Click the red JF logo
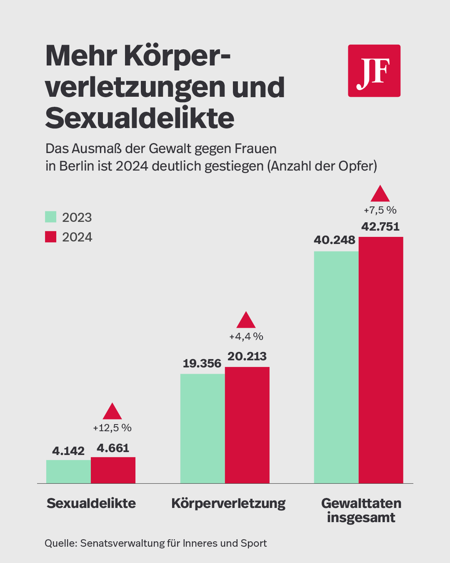(374, 71)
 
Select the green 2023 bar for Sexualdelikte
(68, 472)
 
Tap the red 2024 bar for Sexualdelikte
(113, 470)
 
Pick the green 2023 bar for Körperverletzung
(202, 428)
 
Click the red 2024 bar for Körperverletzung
(247, 425)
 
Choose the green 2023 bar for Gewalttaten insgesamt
(336, 367)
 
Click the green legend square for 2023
(51, 217)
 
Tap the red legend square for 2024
(51, 236)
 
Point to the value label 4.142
(68, 451)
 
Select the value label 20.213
(247, 356)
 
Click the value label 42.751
(380, 226)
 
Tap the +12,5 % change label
(112, 428)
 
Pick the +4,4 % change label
(246, 336)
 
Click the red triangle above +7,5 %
(380, 194)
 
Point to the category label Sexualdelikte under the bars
(91, 503)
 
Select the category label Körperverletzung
(228, 503)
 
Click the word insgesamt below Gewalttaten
(361, 518)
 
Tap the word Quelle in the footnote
(60, 543)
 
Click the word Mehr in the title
(81, 56)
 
